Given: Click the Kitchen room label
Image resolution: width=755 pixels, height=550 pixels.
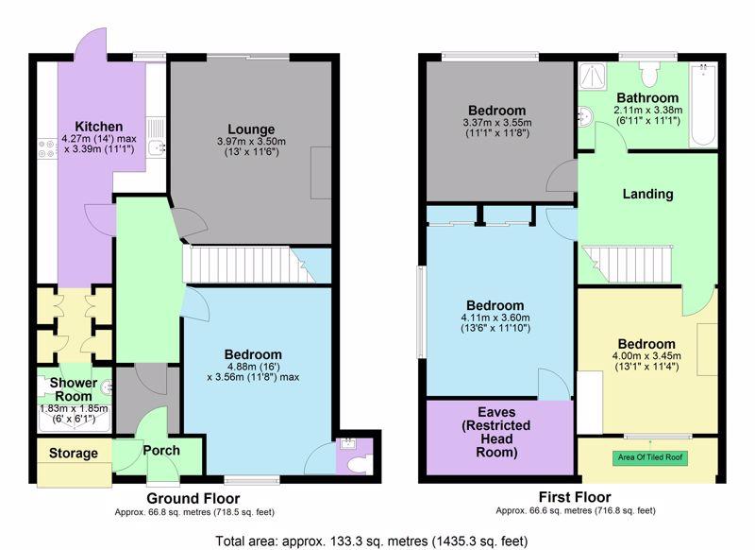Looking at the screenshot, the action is (x=99, y=127).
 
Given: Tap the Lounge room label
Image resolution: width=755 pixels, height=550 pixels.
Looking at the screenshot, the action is (x=251, y=129).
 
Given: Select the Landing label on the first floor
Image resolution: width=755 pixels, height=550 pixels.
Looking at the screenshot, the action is (x=647, y=194).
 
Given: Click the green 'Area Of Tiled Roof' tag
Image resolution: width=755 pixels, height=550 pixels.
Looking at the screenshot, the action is (x=650, y=457).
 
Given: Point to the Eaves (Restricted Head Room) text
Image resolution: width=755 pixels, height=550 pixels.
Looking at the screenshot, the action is (x=496, y=433).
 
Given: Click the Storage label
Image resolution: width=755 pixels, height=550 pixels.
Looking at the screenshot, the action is (x=74, y=453).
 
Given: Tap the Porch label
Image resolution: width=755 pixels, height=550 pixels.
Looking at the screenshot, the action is (x=161, y=451).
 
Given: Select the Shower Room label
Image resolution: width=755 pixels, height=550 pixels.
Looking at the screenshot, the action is (x=74, y=389).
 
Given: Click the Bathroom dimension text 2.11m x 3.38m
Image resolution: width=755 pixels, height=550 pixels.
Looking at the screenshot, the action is (x=647, y=110).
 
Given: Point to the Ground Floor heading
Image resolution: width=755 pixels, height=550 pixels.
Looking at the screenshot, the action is (x=193, y=498).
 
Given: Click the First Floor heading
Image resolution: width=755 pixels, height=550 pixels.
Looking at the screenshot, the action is (x=575, y=496).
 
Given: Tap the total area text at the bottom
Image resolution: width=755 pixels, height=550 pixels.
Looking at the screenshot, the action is (x=371, y=541).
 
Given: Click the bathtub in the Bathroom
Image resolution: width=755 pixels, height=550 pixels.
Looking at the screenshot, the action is (x=703, y=105).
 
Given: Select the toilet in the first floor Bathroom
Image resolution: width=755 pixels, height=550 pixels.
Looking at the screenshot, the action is (x=648, y=74).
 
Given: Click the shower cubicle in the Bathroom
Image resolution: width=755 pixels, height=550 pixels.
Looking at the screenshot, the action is (x=593, y=76).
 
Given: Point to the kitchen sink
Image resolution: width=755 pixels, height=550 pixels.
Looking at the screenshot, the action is (x=156, y=136).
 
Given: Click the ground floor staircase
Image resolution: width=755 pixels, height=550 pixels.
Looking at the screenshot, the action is (x=250, y=265).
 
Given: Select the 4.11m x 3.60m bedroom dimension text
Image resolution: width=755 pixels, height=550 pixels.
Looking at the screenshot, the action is (x=495, y=318).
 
